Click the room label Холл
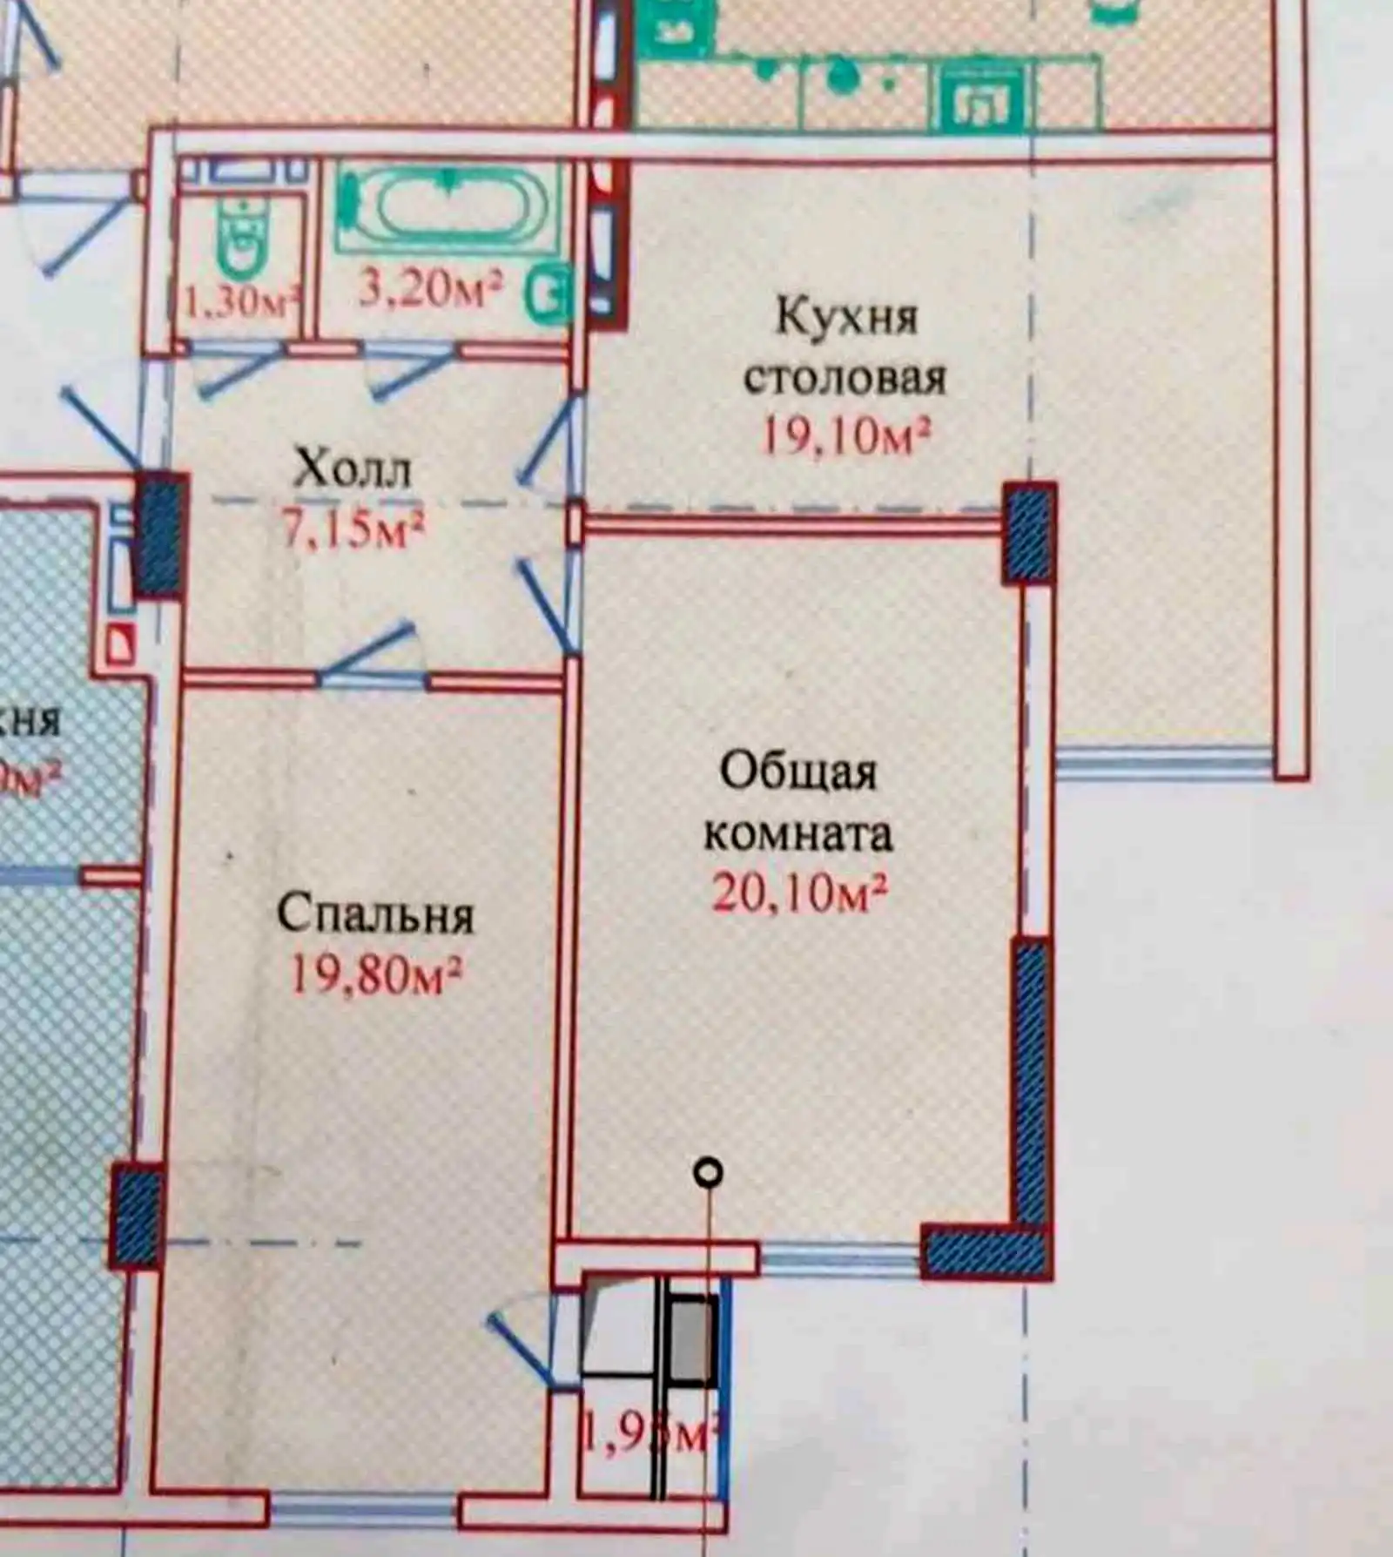tap(352, 469)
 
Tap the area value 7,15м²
tap(353, 529)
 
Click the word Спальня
tap(375, 914)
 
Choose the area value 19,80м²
tap(375, 975)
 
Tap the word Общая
tap(798, 772)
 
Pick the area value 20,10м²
tap(800, 893)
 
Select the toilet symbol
tap(243, 235)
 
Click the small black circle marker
tap(709, 1172)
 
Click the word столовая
tap(845, 378)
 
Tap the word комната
tap(798, 833)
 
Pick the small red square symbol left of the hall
tap(121, 645)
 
